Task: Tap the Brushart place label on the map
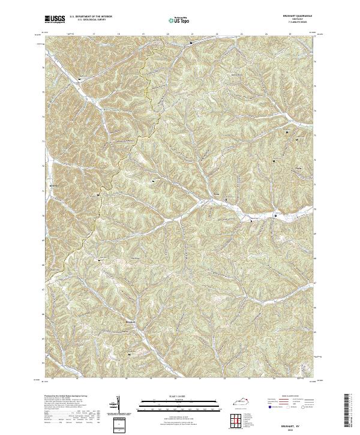click(131, 322)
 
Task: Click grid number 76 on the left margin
click(43, 68)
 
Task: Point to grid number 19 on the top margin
click(143, 35)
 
